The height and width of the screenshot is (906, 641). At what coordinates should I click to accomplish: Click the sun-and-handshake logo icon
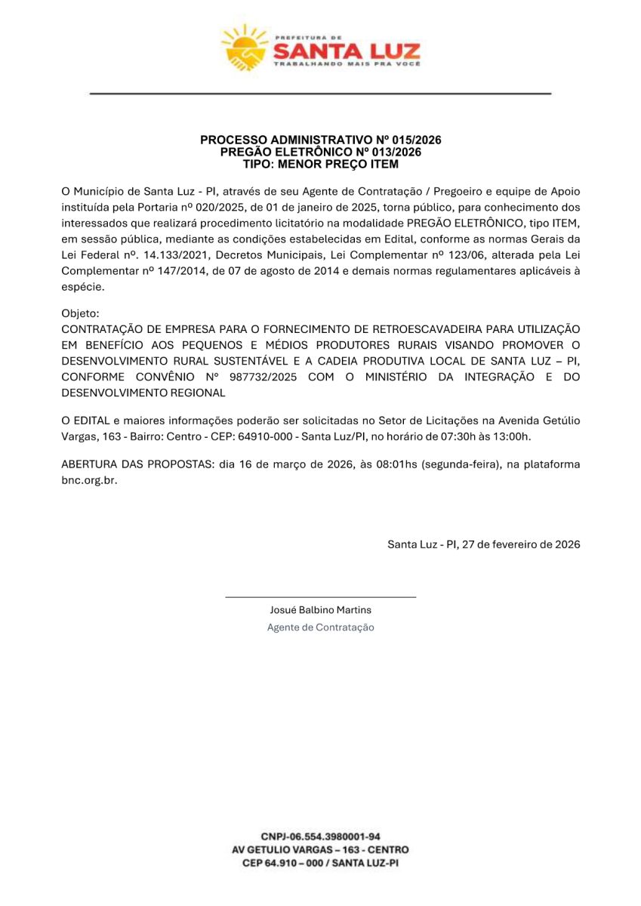pyautogui.click(x=243, y=47)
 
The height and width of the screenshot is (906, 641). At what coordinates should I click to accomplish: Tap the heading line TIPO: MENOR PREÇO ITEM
pyautogui.click(x=320, y=163)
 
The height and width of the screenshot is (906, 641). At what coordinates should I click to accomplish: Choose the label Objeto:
pyautogui.click(x=80, y=313)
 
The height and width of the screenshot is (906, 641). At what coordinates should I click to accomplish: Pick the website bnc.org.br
pyautogui.click(x=89, y=480)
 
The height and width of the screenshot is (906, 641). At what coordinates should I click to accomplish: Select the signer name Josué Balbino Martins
pyautogui.click(x=320, y=610)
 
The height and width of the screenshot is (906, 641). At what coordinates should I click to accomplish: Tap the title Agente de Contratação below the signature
pyautogui.click(x=320, y=627)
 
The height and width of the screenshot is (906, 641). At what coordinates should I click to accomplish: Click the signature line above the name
pyautogui.click(x=320, y=597)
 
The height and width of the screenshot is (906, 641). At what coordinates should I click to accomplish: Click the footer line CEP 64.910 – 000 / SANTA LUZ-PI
pyautogui.click(x=320, y=863)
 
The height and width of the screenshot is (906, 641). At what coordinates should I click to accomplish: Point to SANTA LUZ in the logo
pyautogui.click(x=346, y=51)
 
